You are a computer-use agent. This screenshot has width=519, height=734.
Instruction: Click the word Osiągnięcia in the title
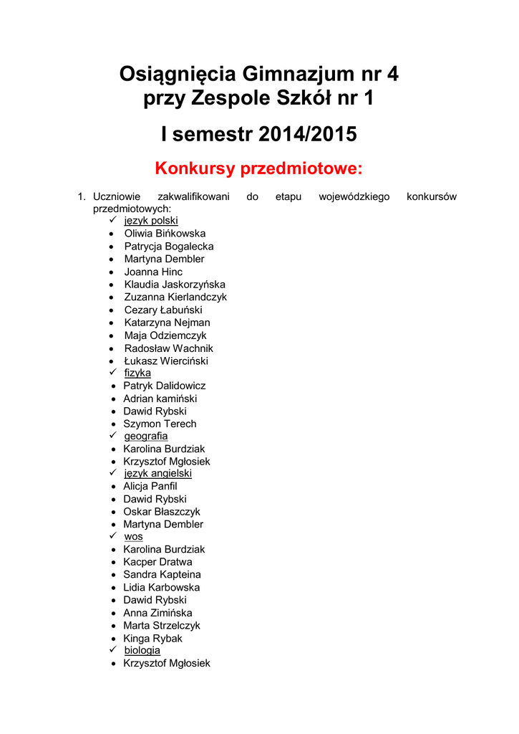[177, 73]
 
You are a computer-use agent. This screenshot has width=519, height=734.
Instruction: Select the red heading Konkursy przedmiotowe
[259, 169]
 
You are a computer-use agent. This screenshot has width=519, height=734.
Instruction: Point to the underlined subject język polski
[151, 221]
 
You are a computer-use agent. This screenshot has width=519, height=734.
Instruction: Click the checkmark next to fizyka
[112, 373]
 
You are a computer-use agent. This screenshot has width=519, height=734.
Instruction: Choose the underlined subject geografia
[146, 436]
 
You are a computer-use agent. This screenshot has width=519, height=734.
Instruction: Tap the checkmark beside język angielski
[112, 473]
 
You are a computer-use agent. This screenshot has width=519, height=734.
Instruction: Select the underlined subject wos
[133, 536]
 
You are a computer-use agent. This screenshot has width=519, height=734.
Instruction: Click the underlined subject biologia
[142, 650]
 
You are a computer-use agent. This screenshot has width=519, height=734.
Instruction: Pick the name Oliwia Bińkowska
[165, 234]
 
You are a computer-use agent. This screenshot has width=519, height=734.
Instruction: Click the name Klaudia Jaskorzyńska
[175, 285]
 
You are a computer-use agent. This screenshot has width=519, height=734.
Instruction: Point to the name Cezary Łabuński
[163, 310]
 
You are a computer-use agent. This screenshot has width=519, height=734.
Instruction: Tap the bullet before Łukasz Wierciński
[111, 361]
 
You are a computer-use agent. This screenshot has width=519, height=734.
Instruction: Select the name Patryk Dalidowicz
[164, 386]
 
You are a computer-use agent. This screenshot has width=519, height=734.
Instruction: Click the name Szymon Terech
[160, 424]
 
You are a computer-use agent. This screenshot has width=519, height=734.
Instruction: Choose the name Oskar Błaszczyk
[162, 512]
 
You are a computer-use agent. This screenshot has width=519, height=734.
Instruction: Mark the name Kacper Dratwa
[157, 562]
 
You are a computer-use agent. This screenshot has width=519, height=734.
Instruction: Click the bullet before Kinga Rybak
[115, 639]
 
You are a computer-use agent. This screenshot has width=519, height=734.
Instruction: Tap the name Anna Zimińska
[157, 613]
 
